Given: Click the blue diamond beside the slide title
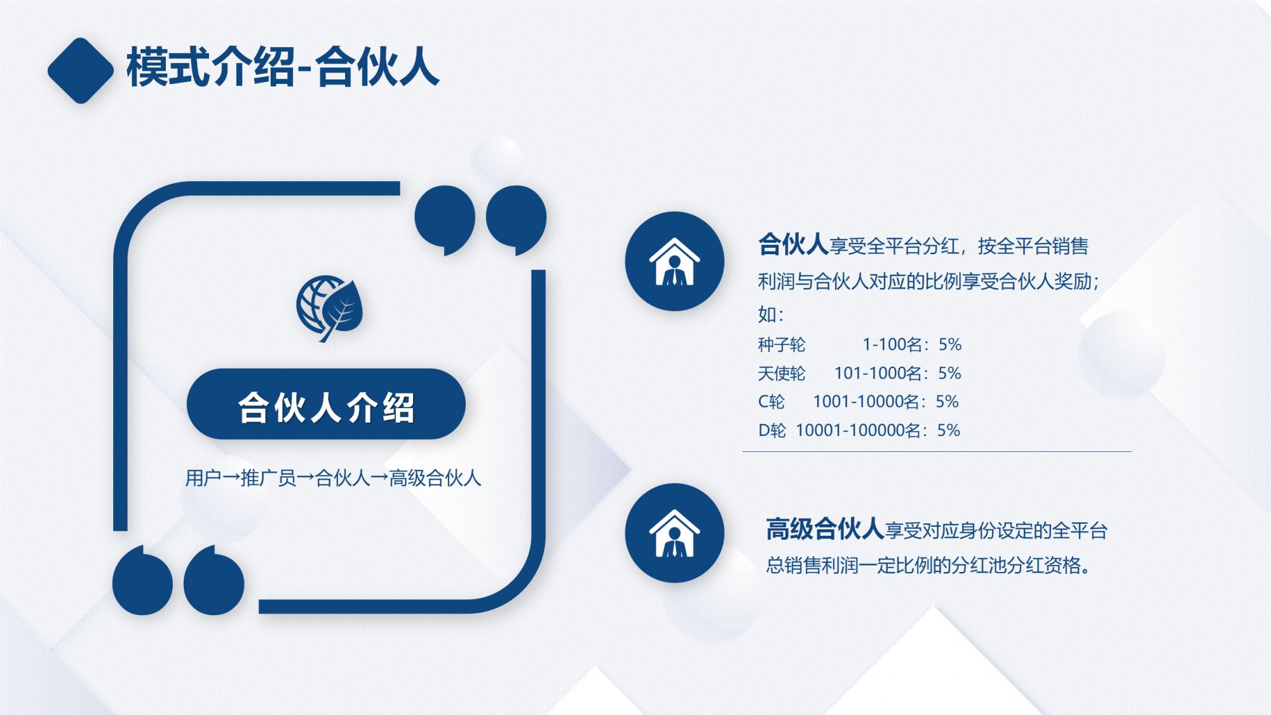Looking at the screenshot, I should [x=80, y=71].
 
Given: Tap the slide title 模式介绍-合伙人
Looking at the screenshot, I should [x=283, y=67].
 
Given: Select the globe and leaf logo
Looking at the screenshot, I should [x=329, y=308].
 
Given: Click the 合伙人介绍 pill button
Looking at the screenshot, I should [x=326, y=405].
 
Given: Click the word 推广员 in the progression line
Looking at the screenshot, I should [x=269, y=478].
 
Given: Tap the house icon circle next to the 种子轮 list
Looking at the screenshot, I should [x=674, y=261].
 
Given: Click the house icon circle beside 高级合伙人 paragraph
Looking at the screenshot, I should [x=674, y=533].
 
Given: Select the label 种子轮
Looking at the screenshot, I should [x=781, y=344].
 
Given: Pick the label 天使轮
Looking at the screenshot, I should [x=781, y=373].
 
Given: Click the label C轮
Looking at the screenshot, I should [x=771, y=402].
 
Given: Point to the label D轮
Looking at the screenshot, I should [x=772, y=430].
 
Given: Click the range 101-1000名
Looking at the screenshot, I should [x=878, y=373].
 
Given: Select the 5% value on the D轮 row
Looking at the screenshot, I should [x=948, y=430].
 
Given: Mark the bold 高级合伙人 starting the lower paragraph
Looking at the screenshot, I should [x=824, y=529].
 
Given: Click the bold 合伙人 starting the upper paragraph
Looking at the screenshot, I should [x=792, y=245].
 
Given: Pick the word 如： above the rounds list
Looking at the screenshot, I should [x=771, y=314].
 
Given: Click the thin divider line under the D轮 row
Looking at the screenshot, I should [x=937, y=451].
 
